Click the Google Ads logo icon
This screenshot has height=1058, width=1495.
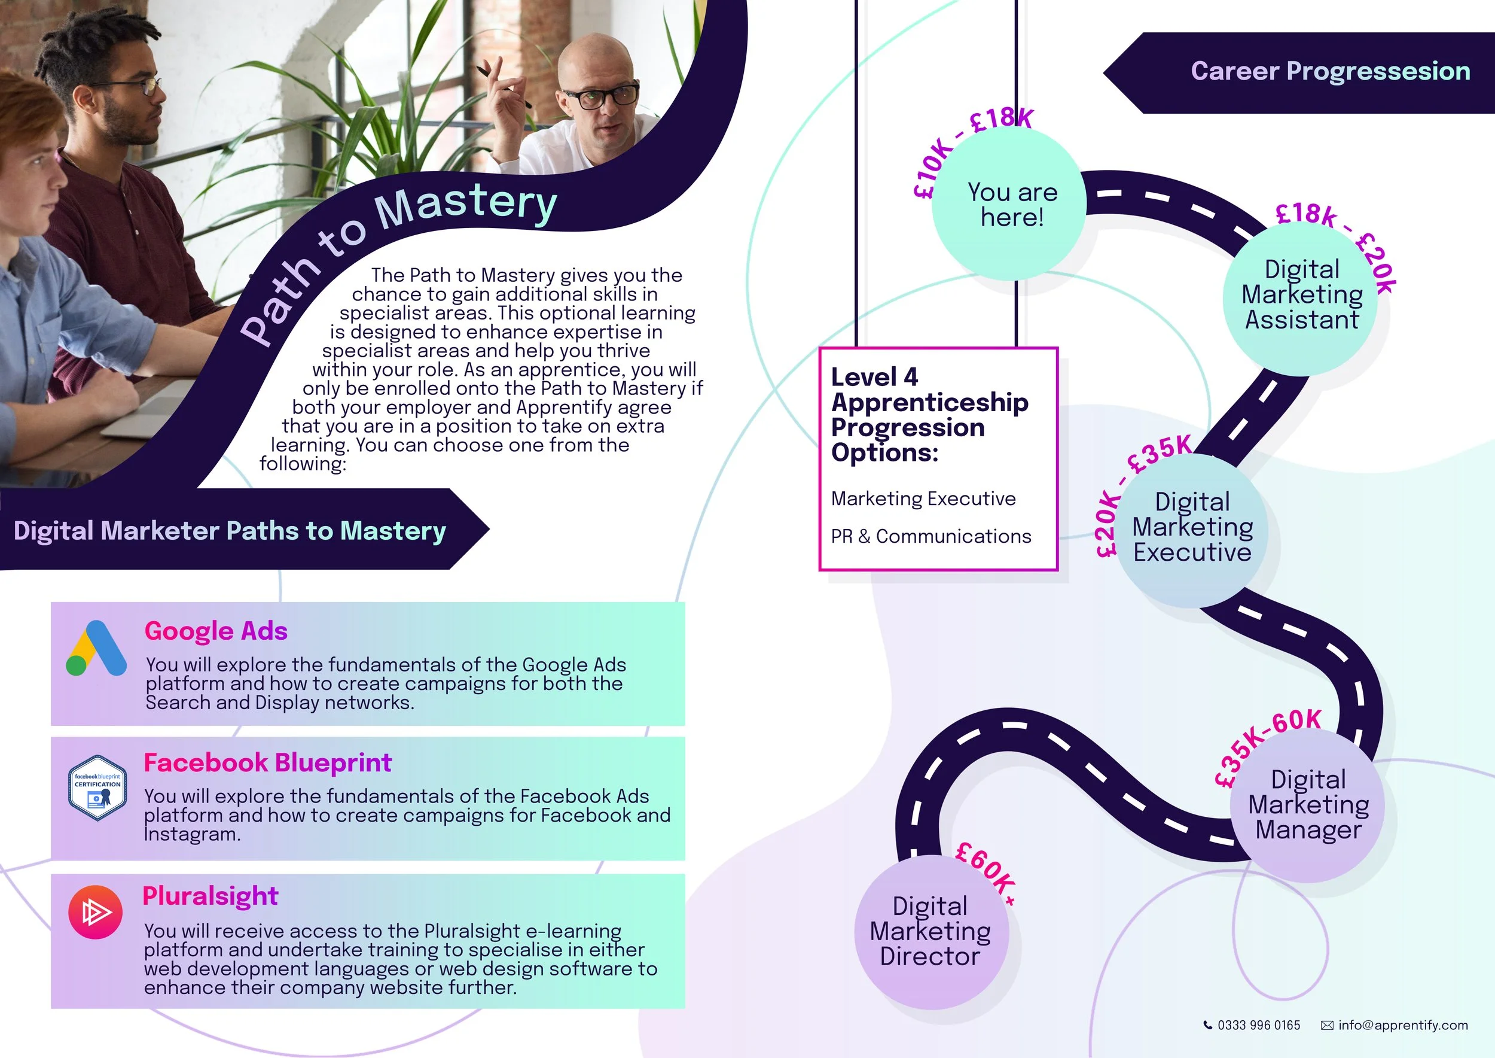pos(96,648)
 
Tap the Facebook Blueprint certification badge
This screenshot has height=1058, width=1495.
pos(97,788)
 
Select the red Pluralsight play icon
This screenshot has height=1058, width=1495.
pos(95,912)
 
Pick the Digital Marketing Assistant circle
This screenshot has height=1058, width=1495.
pos(1302,294)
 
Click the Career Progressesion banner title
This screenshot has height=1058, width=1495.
pos(1331,71)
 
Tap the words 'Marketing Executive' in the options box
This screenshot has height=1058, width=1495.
pos(923,499)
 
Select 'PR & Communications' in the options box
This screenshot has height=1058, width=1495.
pos(931,536)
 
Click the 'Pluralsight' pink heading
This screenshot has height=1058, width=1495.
pos(210,896)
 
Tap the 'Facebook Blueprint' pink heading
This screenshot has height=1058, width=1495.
pos(268,762)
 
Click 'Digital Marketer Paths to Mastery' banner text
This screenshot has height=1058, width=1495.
pos(230,530)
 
